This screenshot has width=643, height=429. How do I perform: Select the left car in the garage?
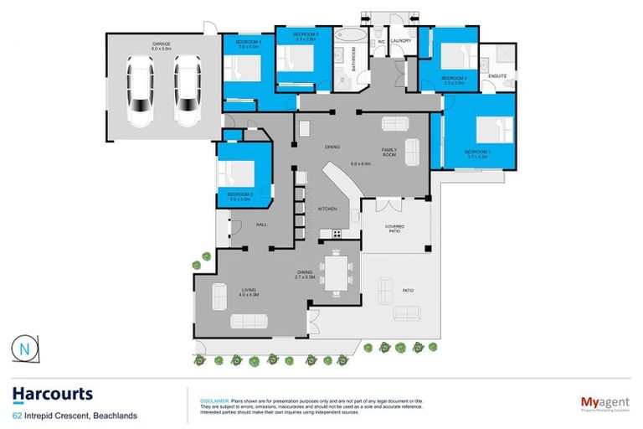[x=139, y=88]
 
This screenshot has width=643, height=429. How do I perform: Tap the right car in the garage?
[x=188, y=88]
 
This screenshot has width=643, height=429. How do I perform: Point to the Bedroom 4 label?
[x=249, y=44]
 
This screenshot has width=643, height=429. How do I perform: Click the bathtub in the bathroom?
[x=345, y=44]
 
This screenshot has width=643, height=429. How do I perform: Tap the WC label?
[x=380, y=40]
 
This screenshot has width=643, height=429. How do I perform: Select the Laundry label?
[x=399, y=40]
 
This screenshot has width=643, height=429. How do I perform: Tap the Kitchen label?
[x=327, y=209]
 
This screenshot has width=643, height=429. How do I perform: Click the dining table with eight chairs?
[x=336, y=273]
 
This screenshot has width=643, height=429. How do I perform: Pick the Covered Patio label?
[x=394, y=229]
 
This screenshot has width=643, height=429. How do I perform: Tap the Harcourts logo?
[x=52, y=394]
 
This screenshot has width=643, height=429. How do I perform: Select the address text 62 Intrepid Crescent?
[x=74, y=415]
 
